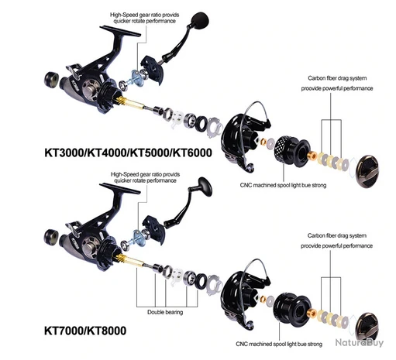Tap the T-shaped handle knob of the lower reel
(x=205, y=187)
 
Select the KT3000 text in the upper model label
(x=64, y=153)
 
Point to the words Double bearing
(x=165, y=312)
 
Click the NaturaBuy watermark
(x=360, y=343)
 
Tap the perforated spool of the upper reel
(x=292, y=150)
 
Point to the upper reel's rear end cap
(x=52, y=80)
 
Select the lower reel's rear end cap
(x=51, y=237)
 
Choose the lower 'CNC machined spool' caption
(x=279, y=344)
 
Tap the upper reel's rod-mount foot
(x=120, y=31)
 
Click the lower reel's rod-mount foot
(x=120, y=188)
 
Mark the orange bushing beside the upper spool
(x=312, y=156)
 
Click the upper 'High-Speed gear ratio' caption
(x=145, y=18)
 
